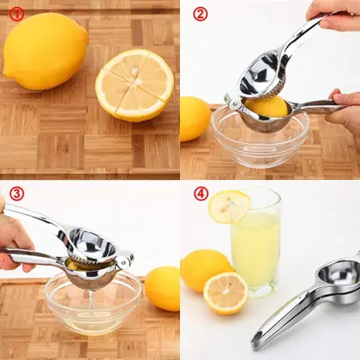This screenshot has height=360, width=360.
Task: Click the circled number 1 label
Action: pos(14,15)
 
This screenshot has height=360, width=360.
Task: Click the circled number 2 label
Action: pos(200,14)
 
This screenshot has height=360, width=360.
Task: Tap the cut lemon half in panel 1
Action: pos(135,84)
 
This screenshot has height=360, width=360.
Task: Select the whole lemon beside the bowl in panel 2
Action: pos(194,118)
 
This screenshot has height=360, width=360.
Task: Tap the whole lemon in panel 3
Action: pos(162,288)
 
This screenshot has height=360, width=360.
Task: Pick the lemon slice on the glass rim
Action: pos(229,206)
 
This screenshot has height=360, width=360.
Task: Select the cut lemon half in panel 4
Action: pos(225,293)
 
